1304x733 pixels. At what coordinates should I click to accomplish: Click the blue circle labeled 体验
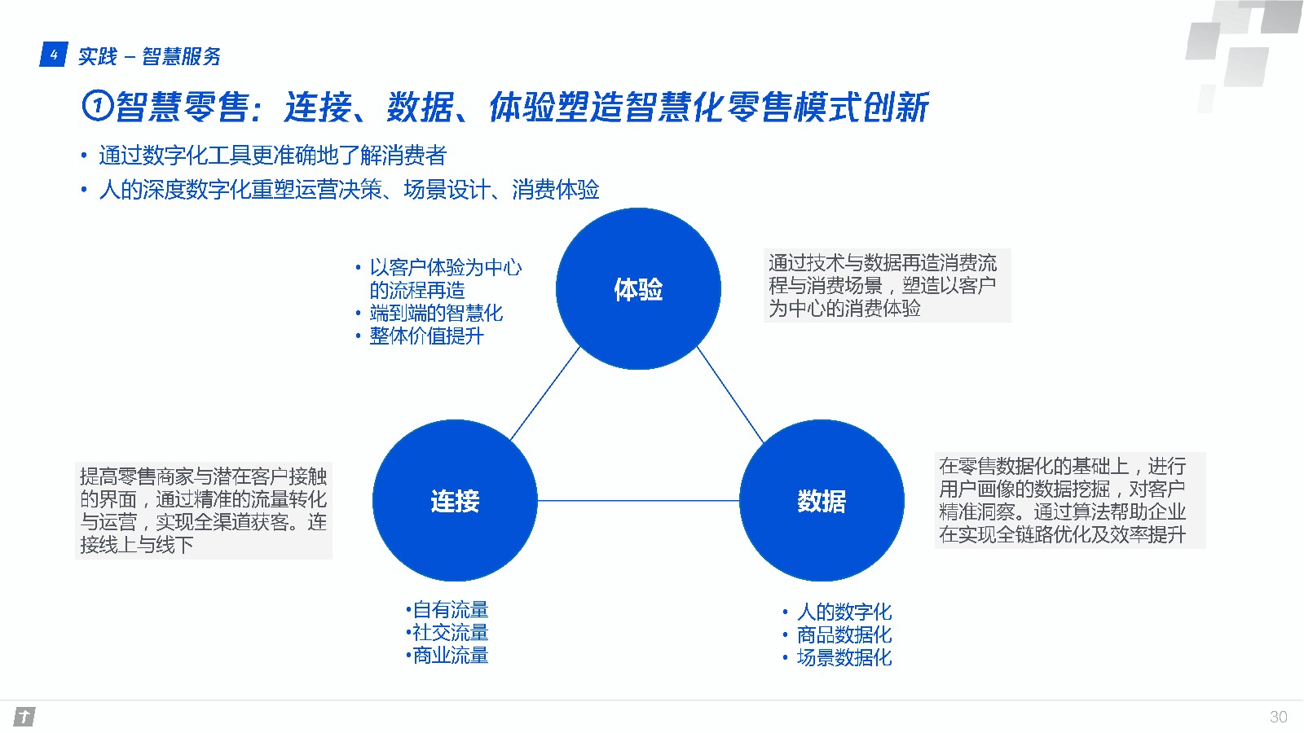click(x=638, y=288)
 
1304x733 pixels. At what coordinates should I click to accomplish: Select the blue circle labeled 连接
click(x=455, y=500)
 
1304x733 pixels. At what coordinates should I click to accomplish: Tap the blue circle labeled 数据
click(x=822, y=500)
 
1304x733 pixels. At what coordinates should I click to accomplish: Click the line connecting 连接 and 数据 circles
click(x=638, y=500)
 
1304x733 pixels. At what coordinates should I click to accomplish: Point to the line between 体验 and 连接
click(x=544, y=393)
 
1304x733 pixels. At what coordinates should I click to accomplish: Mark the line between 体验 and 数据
click(x=730, y=394)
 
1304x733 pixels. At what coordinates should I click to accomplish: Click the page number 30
click(x=1278, y=717)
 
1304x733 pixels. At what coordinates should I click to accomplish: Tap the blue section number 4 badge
click(x=53, y=55)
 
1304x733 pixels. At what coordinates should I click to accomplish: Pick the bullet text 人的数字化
click(x=844, y=612)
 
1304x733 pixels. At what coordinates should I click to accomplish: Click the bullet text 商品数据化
click(x=844, y=634)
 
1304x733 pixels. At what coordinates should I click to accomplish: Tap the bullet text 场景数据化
click(x=844, y=657)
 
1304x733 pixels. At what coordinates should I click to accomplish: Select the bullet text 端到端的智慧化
click(x=436, y=313)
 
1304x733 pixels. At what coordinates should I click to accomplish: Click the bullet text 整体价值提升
click(x=426, y=336)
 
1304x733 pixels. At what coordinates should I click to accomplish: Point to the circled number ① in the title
click(x=97, y=106)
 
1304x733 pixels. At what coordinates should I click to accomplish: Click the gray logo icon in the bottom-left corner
click(x=24, y=717)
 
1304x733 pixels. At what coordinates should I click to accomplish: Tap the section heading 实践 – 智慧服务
click(x=149, y=56)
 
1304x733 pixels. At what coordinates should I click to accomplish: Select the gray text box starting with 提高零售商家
click(x=204, y=510)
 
